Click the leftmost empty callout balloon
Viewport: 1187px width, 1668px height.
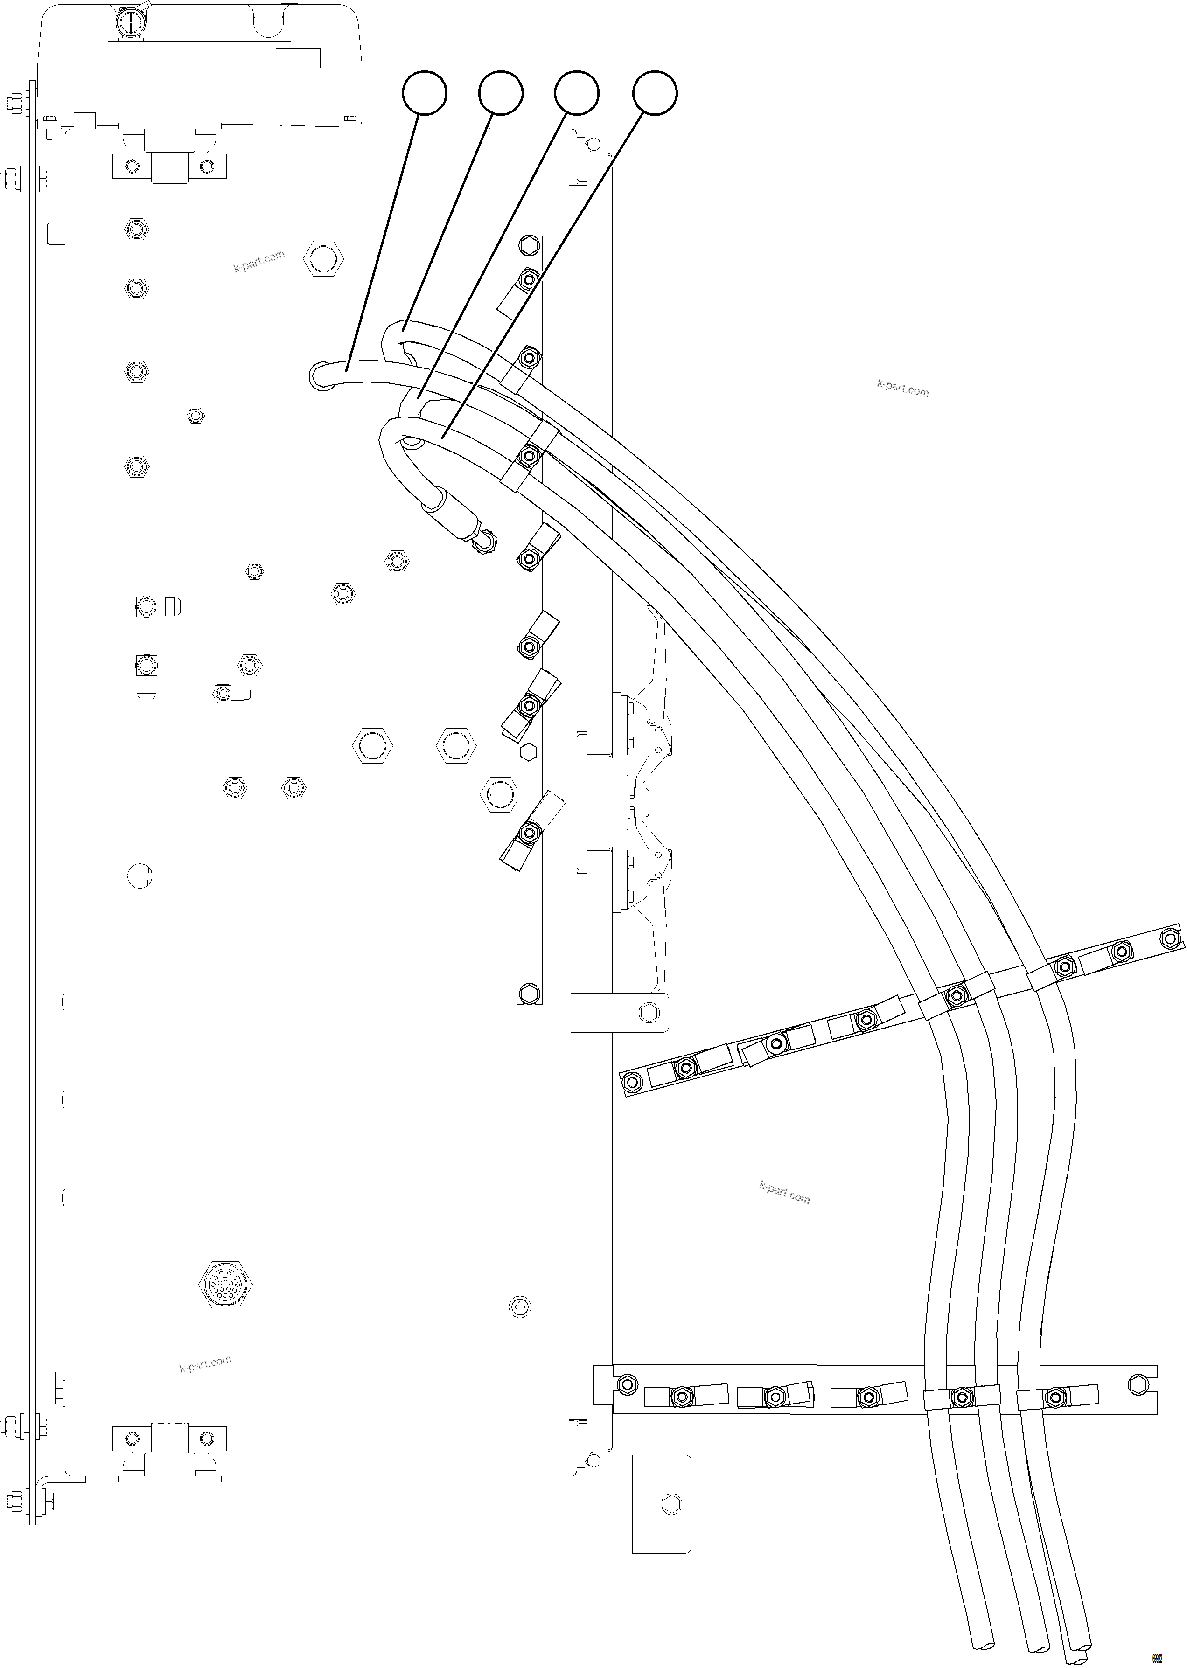click(425, 93)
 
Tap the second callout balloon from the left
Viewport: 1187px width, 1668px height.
click(501, 93)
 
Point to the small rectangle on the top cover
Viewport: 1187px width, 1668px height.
click(298, 58)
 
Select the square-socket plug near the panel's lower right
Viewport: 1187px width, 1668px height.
click(520, 1307)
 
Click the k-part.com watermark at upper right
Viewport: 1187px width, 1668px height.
click(903, 388)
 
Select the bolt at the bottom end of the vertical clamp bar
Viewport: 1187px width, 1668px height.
click(529, 993)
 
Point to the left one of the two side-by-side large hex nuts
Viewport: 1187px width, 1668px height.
click(372, 746)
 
